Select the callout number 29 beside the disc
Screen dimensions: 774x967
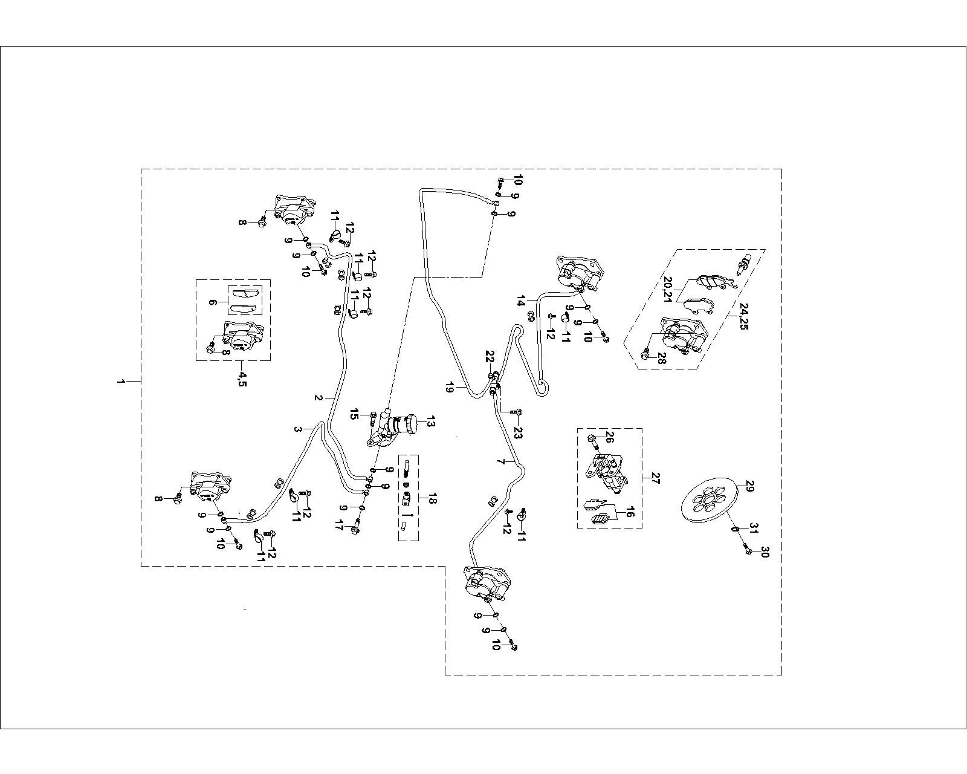(749, 487)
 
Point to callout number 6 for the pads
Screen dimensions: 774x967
(213, 302)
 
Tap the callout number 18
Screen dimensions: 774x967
(431, 499)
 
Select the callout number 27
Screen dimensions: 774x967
(655, 478)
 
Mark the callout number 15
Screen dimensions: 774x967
(355, 414)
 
